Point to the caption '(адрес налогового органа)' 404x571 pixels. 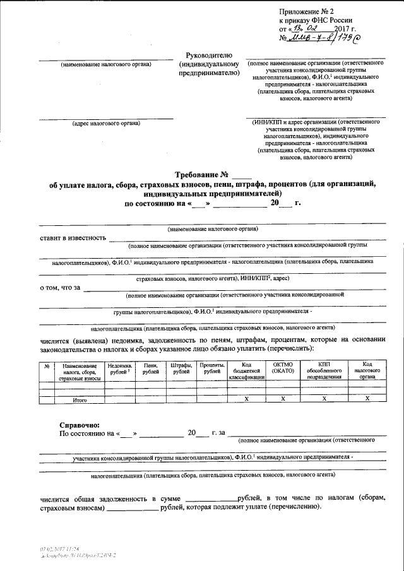click(x=106, y=123)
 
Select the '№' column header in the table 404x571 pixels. click(x=46, y=366)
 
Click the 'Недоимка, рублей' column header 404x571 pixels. click(x=120, y=368)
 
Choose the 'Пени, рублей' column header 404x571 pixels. click(x=150, y=368)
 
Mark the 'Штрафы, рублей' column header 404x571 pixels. click(x=181, y=368)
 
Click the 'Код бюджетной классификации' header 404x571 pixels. click(x=247, y=371)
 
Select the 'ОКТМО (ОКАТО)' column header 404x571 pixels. click(x=283, y=368)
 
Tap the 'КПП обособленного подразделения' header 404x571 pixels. click(x=324, y=371)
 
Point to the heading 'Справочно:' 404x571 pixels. click(x=79, y=426)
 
